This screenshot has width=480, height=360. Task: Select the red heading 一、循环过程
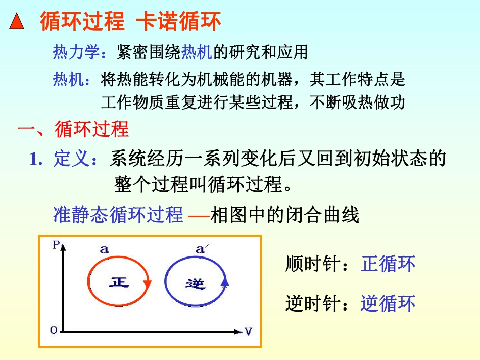73,129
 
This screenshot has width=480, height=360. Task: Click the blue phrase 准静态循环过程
118,215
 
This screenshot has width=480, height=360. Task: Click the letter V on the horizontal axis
248,331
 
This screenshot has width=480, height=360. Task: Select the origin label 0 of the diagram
54,330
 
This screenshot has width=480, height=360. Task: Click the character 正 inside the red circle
119,281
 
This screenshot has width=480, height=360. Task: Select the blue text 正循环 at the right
388,264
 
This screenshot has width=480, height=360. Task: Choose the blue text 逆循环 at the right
388,303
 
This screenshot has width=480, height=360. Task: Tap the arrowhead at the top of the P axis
63,249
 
